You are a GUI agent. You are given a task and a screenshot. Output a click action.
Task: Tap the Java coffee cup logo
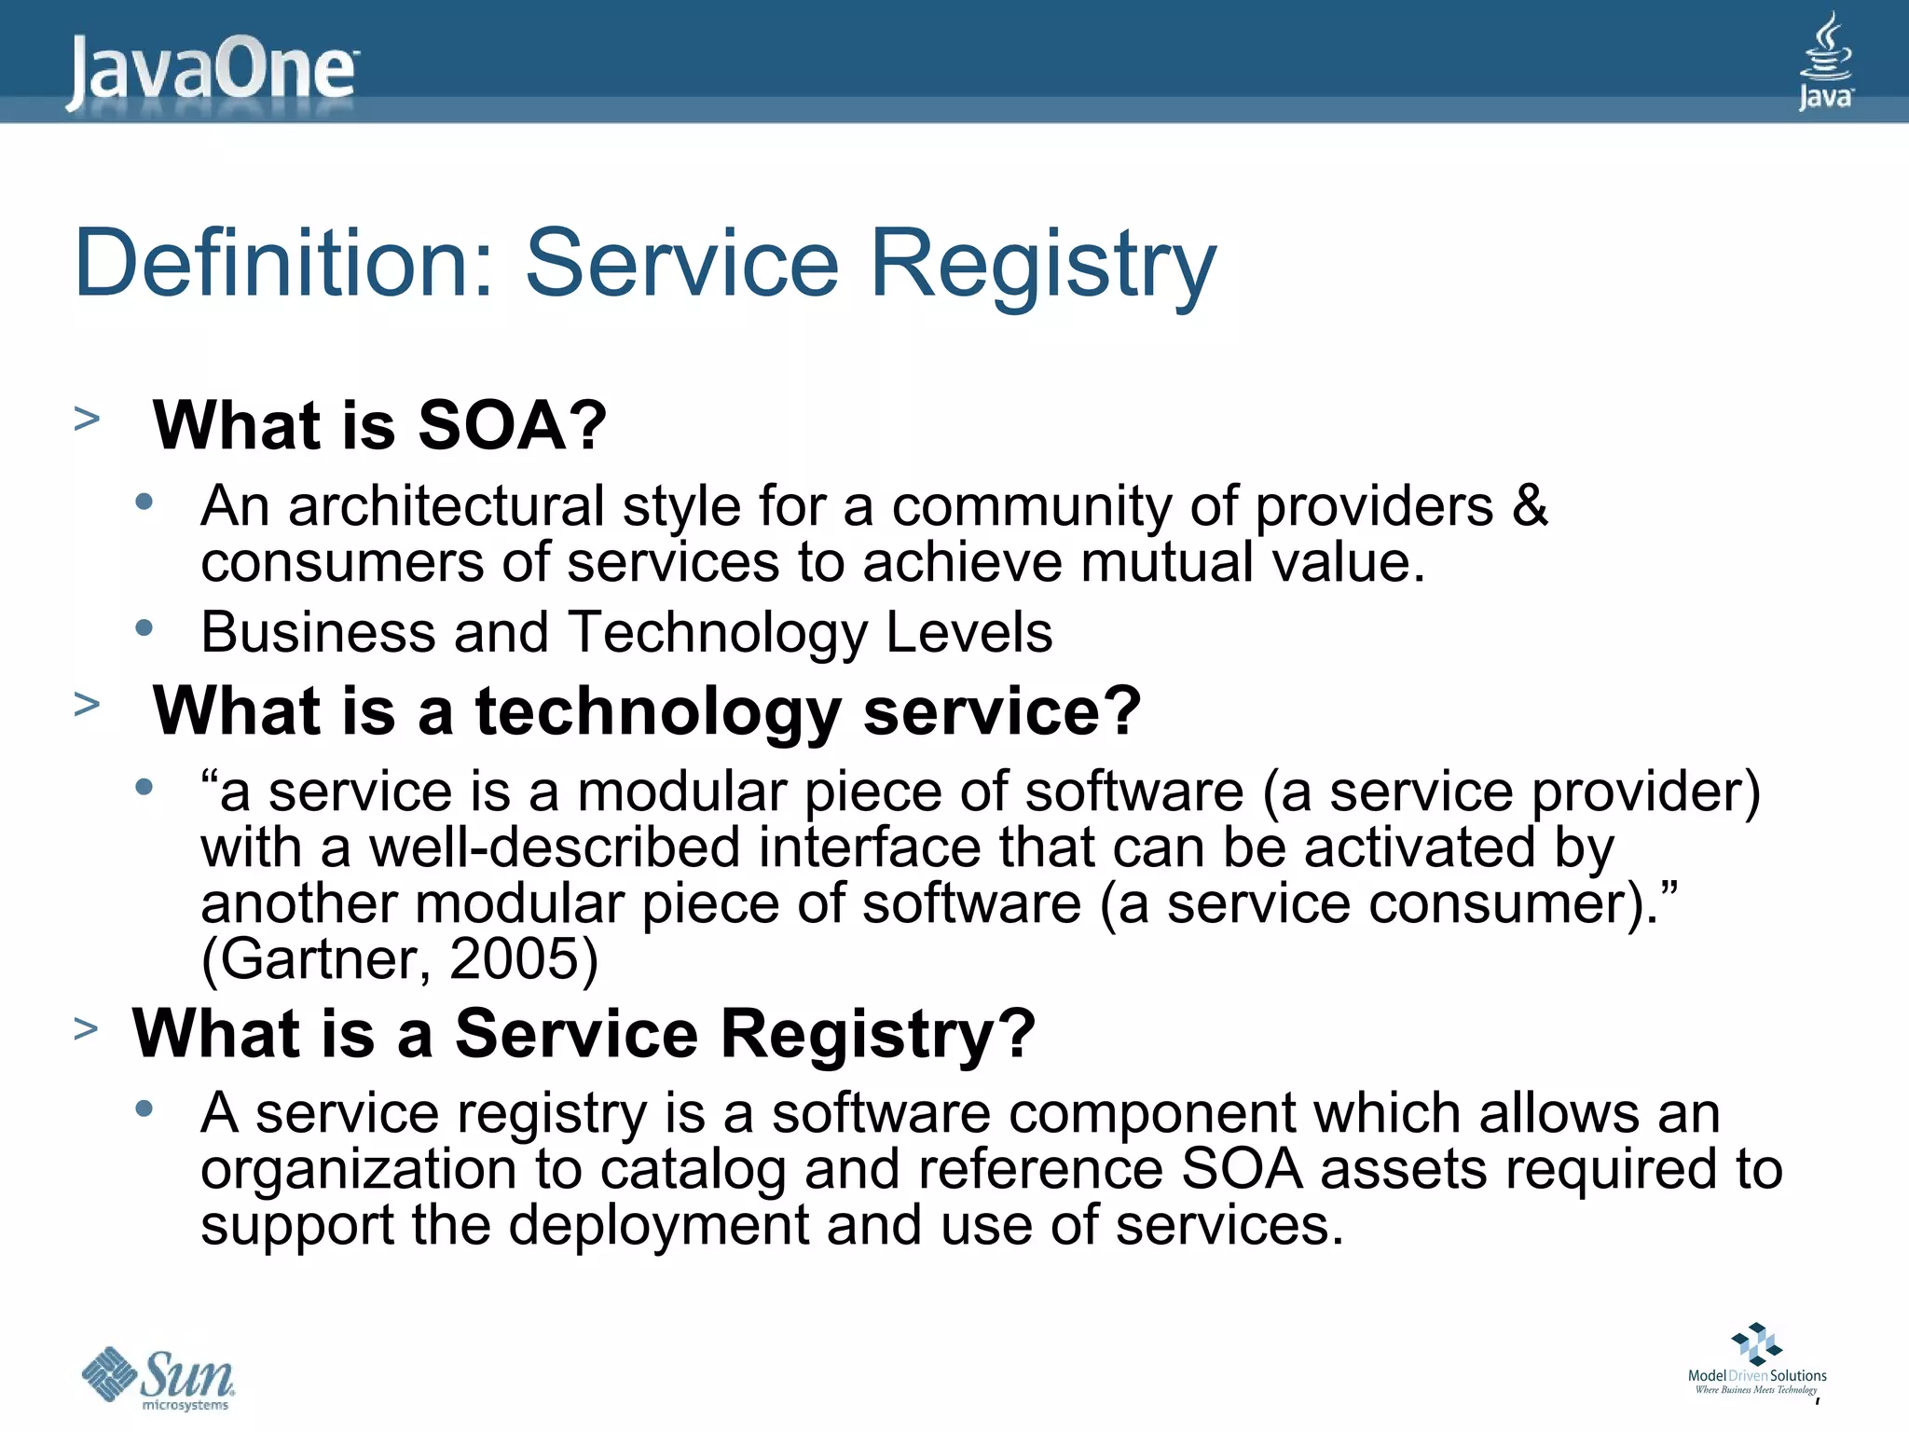1825,61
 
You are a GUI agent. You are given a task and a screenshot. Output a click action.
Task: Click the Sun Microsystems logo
158,1377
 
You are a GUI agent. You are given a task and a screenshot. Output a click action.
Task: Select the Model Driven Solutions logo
1757,1360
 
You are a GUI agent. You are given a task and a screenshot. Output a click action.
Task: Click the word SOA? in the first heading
512,425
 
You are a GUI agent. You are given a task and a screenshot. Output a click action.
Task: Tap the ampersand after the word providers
1529,506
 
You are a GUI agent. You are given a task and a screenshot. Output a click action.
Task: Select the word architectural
446,506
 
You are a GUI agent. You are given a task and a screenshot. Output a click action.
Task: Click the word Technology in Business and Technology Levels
718,633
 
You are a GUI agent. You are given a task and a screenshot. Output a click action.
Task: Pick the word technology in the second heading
658,712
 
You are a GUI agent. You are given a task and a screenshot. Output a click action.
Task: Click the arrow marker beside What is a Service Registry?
86,1029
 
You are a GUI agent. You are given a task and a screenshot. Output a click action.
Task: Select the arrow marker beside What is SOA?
87,419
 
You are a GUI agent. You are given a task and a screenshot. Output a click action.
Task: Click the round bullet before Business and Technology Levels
144,627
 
